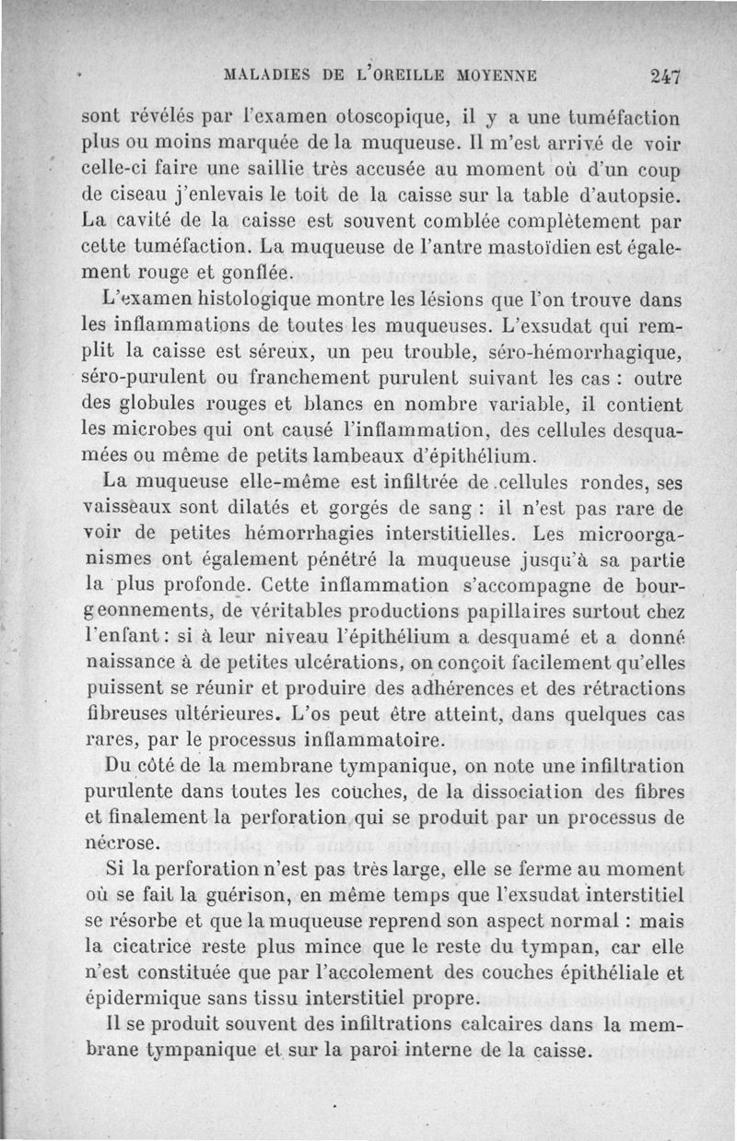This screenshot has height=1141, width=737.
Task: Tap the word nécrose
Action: coord(120,842)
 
